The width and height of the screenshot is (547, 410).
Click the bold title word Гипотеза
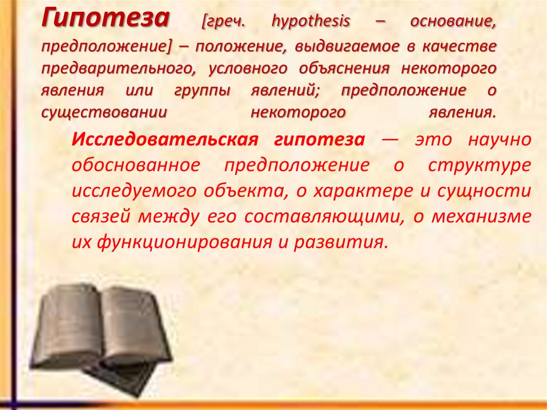105,20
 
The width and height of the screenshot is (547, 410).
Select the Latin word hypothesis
311,22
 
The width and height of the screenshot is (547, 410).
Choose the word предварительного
118,69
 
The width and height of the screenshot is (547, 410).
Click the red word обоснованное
135,165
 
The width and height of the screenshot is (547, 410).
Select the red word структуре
480,165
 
